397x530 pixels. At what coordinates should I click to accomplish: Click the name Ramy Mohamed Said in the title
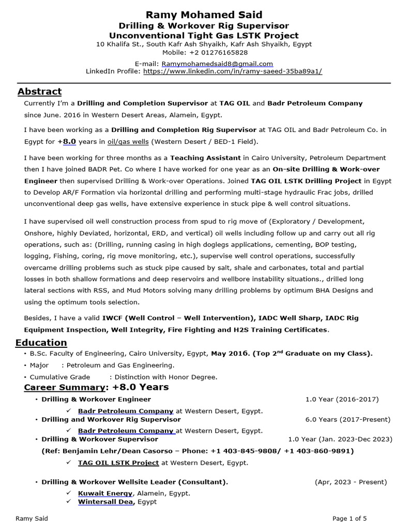pyautogui.click(x=204, y=14)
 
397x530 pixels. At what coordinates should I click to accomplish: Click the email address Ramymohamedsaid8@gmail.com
pyautogui.click(x=217, y=64)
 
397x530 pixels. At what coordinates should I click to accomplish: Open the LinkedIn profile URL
pyautogui.click(x=233, y=71)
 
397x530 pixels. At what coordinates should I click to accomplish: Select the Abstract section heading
pyautogui.click(x=39, y=92)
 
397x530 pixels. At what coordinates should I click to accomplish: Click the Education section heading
pyautogui.click(x=41, y=343)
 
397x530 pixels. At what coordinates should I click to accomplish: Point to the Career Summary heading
pyautogui.click(x=65, y=387)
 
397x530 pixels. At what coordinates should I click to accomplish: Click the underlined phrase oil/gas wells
pyautogui.click(x=124, y=141)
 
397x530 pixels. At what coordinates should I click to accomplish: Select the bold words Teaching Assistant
pyautogui.click(x=205, y=158)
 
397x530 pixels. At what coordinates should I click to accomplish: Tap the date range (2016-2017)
pyautogui.click(x=357, y=399)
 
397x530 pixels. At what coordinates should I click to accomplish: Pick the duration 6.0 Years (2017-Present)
pyautogui.click(x=342, y=419)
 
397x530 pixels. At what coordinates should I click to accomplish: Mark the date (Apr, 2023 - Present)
pyautogui.click(x=350, y=482)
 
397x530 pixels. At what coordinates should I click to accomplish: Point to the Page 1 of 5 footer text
pyautogui.click(x=349, y=518)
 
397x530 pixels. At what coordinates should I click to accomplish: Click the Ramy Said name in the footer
pyautogui.click(x=32, y=518)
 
